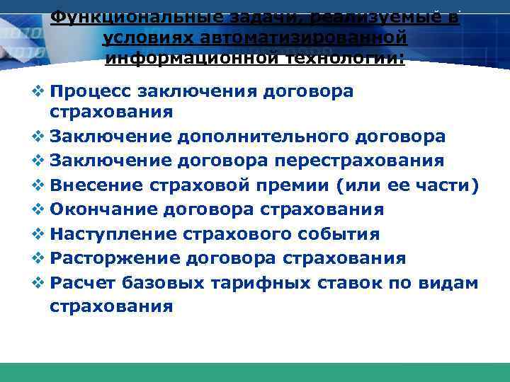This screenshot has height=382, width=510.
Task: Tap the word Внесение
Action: [x=97, y=185]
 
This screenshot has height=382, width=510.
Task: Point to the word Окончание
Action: [x=102, y=209]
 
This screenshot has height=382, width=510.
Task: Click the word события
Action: [x=345, y=233]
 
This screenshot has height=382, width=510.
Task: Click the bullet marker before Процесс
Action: [x=38, y=91]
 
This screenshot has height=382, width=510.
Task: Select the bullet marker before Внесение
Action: [x=38, y=185]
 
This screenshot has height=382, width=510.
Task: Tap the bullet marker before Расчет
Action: [x=38, y=282]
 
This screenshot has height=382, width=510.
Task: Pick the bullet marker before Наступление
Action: [x=38, y=233]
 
